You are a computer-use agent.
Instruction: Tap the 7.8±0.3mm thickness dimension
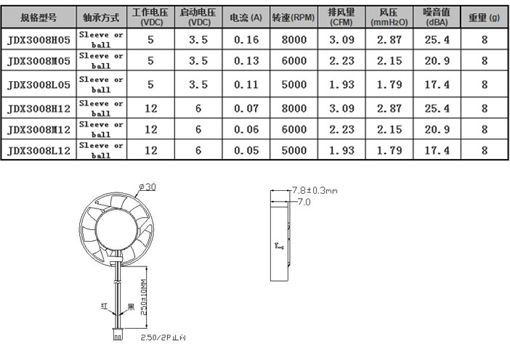point(315,190)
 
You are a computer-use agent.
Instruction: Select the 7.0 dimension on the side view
point(303,202)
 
